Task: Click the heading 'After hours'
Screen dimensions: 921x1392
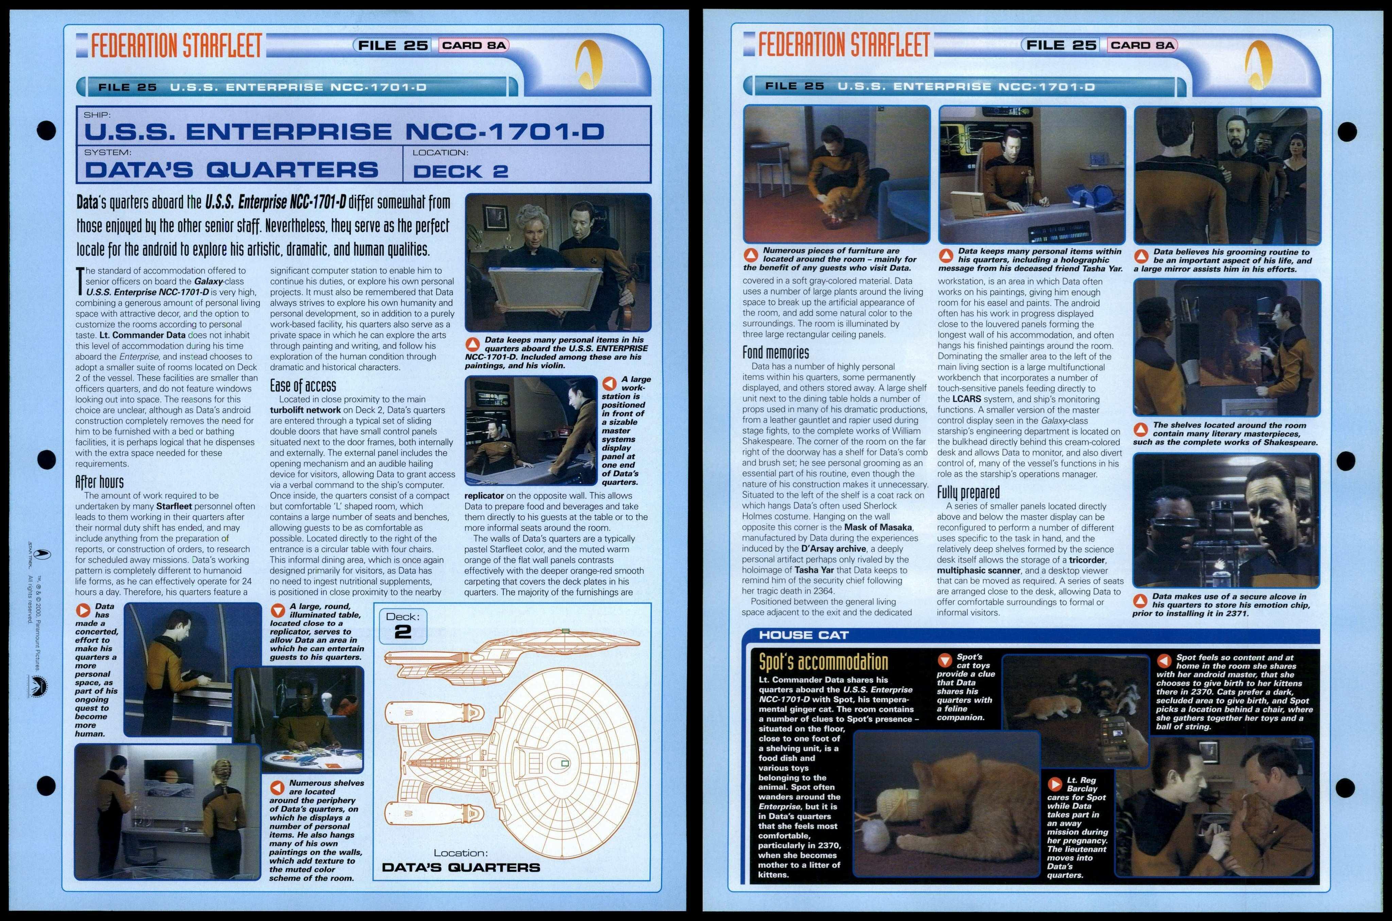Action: pyautogui.click(x=99, y=482)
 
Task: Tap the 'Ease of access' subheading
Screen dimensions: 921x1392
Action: pyautogui.click(x=303, y=386)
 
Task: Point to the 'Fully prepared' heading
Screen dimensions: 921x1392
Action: pyautogui.click(x=968, y=492)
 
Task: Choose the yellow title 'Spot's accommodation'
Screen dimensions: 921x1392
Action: pyautogui.click(x=823, y=662)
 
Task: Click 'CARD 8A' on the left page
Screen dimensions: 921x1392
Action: pyautogui.click(x=474, y=45)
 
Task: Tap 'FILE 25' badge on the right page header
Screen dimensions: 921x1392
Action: pyautogui.click(x=1061, y=45)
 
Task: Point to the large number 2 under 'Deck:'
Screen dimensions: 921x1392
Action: pyautogui.click(x=403, y=632)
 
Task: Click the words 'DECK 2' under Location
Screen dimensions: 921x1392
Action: pyautogui.click(x=461, y=171)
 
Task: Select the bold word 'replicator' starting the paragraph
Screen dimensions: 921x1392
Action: pyautogui.click(x=484, y=496)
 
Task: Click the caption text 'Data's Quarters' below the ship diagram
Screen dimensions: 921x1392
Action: pyautogui.click(x=461, y=867)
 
